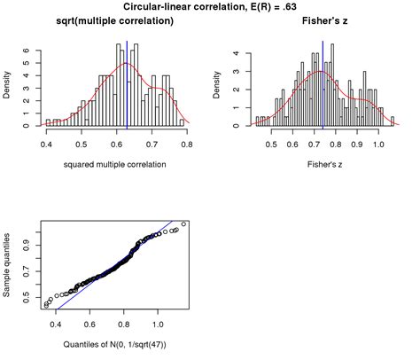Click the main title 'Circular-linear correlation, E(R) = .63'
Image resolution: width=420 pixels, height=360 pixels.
point(210,7)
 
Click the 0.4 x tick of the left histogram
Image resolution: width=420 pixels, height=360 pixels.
point(46,142)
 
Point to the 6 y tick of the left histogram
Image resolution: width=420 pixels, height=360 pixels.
point(27,51)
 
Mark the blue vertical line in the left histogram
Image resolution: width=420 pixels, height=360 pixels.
point(127,84)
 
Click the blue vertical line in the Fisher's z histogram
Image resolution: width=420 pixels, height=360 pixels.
point(323,84)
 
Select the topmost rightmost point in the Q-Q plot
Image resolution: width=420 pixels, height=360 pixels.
point(183,223)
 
